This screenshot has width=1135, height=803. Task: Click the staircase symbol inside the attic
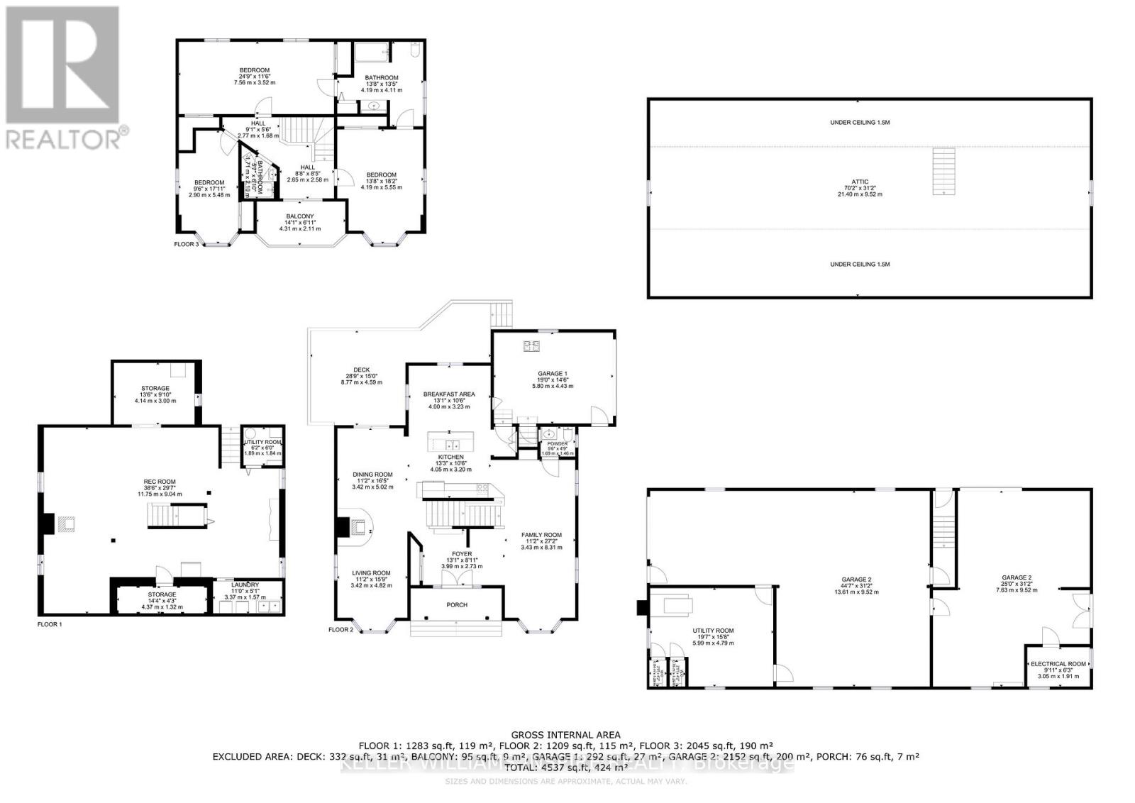943,171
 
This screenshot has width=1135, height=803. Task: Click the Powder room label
557,443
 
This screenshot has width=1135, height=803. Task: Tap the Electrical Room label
1058,664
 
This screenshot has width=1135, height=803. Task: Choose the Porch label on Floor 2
457,604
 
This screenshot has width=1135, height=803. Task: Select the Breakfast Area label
449,394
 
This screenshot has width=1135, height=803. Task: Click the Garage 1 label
553,374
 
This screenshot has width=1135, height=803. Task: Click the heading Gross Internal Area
566,735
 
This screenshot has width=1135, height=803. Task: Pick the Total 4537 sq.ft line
566,768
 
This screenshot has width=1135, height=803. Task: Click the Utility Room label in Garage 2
713,631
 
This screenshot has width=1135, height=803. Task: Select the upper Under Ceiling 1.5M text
860,123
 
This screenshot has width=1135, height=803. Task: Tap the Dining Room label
372,475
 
